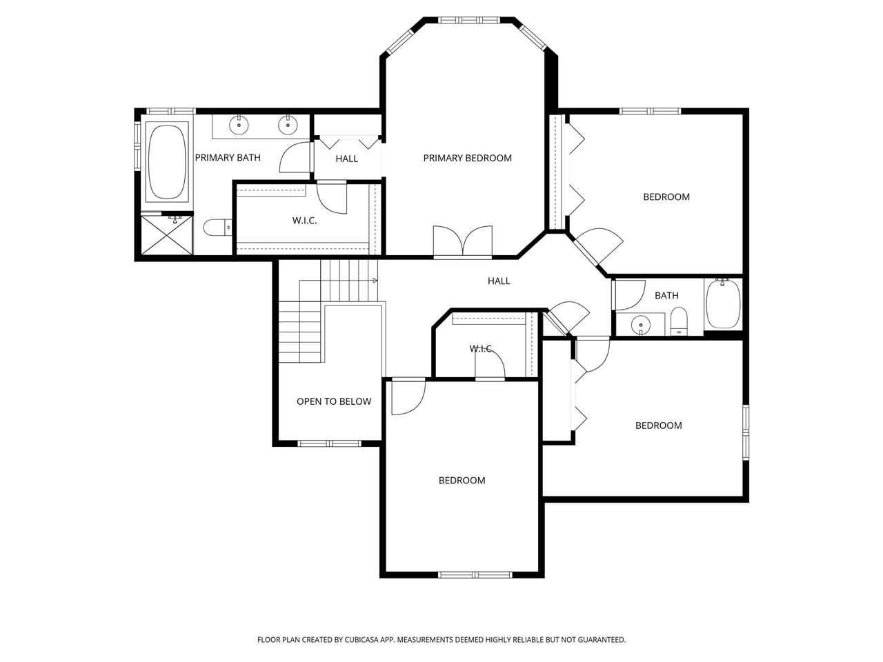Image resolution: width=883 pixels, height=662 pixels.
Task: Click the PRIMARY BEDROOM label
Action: point(467,158)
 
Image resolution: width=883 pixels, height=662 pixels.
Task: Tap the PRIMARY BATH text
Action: point(228,158)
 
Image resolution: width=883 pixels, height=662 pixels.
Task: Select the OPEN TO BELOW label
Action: point(334,401)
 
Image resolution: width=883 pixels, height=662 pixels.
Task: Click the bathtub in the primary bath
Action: point(166,162)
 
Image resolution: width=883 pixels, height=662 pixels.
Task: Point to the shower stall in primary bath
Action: point(166,234)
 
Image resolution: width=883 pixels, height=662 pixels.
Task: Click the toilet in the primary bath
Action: point(217,227)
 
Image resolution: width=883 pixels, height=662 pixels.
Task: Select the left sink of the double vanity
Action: point(239,126)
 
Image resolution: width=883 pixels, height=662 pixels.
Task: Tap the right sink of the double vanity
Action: point(287,126)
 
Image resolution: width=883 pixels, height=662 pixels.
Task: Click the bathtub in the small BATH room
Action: point(723,304)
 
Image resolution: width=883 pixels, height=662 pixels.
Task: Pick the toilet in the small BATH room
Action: point(679,321)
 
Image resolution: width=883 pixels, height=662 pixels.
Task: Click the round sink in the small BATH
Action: point(641,324)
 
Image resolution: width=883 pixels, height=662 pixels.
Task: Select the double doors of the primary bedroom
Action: point(463,243)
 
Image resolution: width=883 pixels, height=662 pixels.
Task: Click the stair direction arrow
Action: point(374,281)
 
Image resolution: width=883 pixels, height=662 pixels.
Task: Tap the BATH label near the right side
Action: point(666,296)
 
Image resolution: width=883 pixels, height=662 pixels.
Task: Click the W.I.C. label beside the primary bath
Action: point(304,221)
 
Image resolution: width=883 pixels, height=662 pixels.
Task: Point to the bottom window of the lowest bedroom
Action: point(475,574)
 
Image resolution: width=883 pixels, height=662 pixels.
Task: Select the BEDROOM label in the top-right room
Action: point(666,197)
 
